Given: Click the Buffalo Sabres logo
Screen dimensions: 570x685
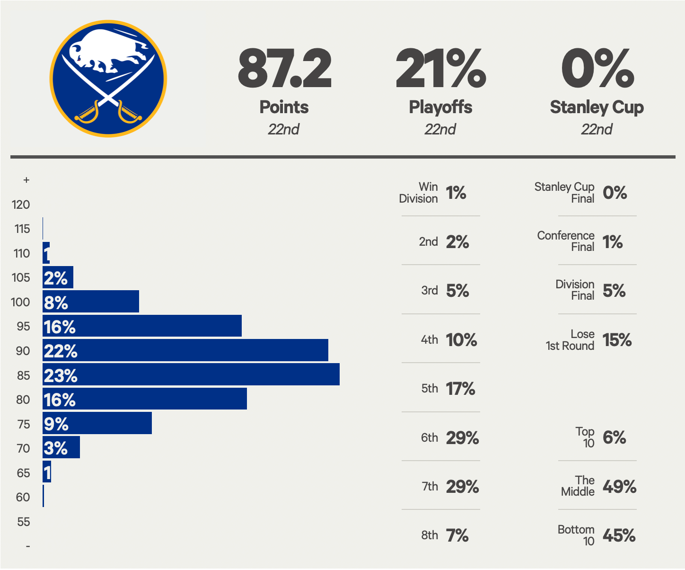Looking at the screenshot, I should point(108,79).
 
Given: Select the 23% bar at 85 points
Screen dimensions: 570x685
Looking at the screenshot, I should point(191,374).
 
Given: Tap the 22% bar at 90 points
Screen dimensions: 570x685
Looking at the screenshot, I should point(185,350).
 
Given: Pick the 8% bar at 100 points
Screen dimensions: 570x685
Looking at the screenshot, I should point(90,302).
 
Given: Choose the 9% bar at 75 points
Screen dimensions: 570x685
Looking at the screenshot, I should point(97,423).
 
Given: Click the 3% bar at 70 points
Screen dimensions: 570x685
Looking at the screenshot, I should point(61,448).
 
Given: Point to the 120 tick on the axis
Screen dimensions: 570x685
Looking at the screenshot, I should point(21,205).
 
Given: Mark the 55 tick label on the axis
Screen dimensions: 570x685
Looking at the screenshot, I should point(23,522).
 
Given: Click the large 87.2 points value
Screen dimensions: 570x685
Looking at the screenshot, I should point(284,69).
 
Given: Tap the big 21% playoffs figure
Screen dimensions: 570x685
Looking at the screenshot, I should point(440,69).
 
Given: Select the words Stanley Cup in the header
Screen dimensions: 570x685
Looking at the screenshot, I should point(597,107).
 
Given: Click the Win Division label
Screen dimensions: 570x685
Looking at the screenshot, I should point(419,193).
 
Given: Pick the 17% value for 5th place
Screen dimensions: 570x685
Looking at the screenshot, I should point(460,389).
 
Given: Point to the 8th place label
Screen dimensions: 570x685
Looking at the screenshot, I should point(430,535).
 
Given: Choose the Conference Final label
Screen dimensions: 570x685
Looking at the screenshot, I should point(566,241).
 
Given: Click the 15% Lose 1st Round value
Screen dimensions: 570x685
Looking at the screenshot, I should point(617,340).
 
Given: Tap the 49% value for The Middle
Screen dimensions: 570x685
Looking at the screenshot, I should point(619,487).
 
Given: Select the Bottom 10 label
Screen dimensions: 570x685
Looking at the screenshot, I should point(576,535).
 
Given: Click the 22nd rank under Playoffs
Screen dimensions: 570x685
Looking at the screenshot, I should point(440,130).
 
